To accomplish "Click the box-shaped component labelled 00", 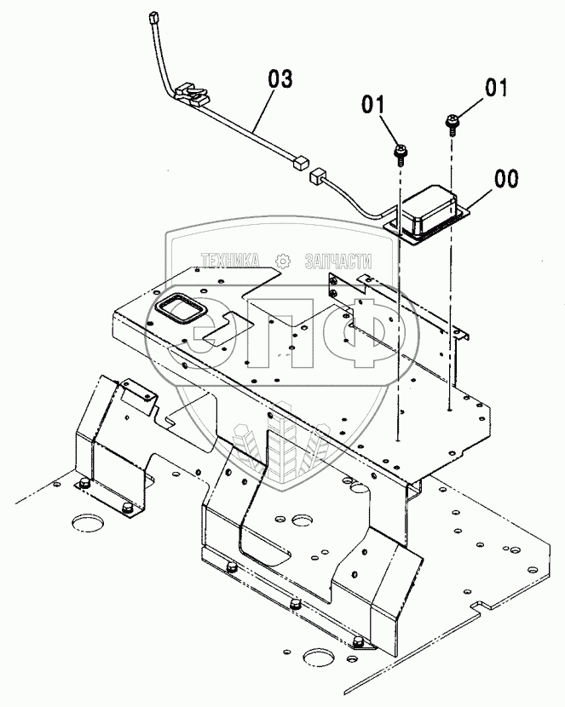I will pyautogui.click(x=430, y=210).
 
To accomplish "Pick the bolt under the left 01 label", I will pyautogui.click(x=398, y=153).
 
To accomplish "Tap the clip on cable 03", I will pyautogui.click(x=192, y=93).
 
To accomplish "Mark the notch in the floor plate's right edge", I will pyautogui.click(x=484, y=606).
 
